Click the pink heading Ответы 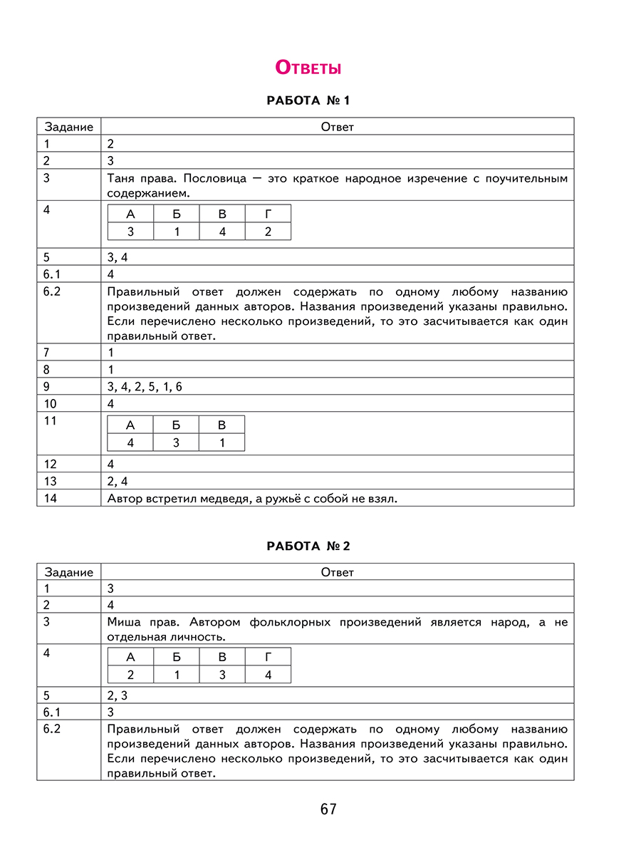tap(308, 68)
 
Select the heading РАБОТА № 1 tap(308, 101)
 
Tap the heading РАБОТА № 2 tap(308, 546)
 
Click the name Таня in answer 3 tap(121, 178)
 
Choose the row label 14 tap(50, 498)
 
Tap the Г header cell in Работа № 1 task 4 tap(268, 214)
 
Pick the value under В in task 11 tap(222, 442)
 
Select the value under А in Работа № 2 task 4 tap(130, 675)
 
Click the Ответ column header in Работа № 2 tap(337, 572)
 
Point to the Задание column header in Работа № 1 tap(69, 127)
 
